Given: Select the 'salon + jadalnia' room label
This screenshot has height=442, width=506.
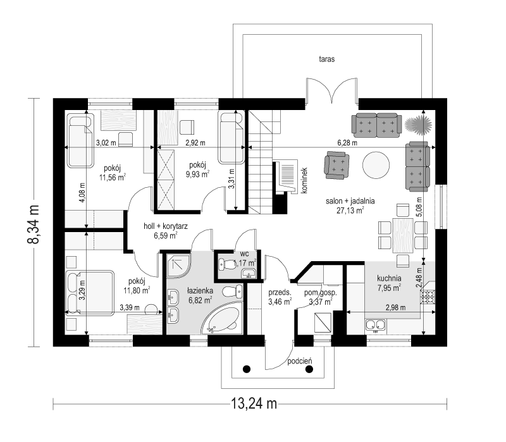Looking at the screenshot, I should (345, 201).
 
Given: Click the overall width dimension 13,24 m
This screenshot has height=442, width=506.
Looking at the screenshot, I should (250, 403).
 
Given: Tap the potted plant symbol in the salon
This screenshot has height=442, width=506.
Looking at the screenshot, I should (418, 123).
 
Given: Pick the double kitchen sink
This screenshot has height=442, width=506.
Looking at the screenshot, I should (376, 326).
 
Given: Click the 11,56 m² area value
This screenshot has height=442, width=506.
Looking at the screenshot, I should (112, 178).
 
